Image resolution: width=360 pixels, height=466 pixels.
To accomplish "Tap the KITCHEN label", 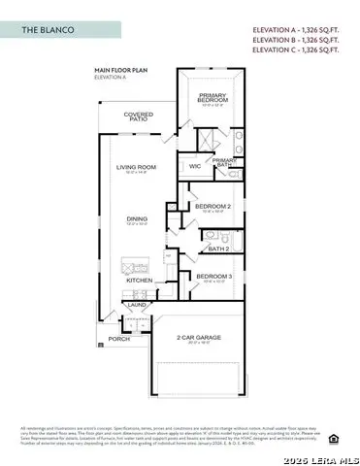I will tap(140, 280).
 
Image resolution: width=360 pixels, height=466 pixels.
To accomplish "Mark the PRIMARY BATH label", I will tap(224, 163).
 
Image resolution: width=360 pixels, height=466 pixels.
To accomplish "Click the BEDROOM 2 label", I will tap(212, 206).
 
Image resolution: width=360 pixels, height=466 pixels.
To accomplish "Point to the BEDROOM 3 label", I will tap(212, 278).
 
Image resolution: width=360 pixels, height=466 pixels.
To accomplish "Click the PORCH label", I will tap(118, 339).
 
